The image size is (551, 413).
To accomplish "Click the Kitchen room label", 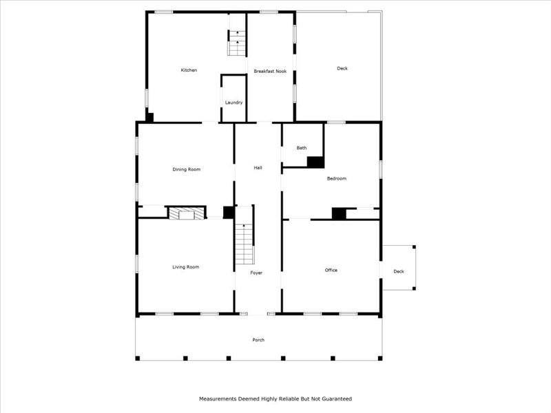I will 189,70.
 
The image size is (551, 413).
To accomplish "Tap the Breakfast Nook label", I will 270,71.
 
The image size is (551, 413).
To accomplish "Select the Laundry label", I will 233,103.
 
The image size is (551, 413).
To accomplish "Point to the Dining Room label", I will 186,169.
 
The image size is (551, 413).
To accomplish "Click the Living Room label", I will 185,267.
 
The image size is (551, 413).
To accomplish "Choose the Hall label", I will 258,168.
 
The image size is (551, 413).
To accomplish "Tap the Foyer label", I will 256,273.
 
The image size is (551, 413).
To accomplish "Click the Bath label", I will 302,148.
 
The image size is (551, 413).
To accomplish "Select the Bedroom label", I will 336,179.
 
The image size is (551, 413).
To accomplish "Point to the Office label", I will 331,271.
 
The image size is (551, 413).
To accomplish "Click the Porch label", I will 258,340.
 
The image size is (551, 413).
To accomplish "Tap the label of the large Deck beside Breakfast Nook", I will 342,68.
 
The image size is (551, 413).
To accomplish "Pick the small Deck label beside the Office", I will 399,271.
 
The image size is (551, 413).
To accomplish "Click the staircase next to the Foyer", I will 244,246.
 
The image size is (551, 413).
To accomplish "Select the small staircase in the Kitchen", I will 237,44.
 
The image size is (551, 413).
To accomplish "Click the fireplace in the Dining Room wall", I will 187,214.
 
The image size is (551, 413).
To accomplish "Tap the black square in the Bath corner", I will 315,162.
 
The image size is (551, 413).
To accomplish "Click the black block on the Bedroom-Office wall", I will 339,213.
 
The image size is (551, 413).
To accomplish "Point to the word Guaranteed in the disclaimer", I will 333,399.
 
